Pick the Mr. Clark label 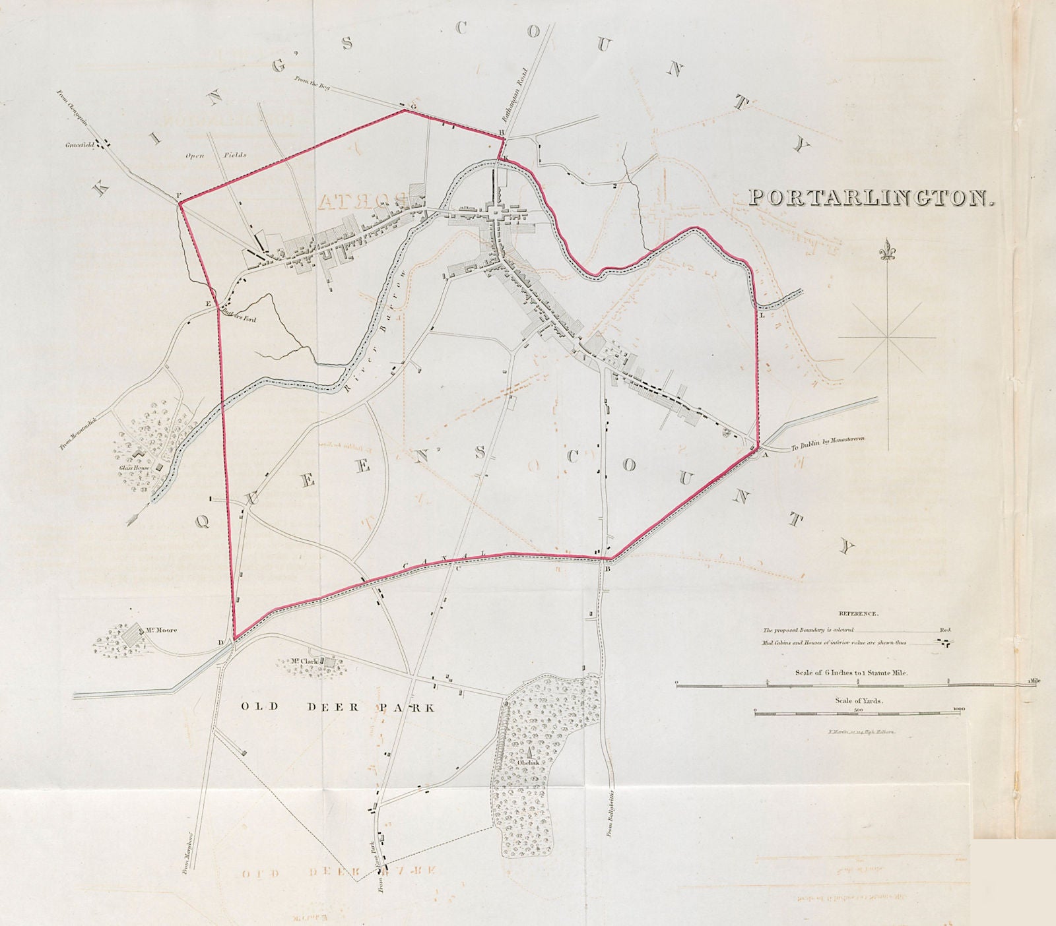[x=305, y=661]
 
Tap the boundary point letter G [x=413, y=106]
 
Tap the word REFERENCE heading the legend [x=857, y=613]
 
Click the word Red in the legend [x=945, y=630]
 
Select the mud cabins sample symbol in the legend [x=945, y=643]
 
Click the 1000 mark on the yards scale [x=959, y=709]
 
